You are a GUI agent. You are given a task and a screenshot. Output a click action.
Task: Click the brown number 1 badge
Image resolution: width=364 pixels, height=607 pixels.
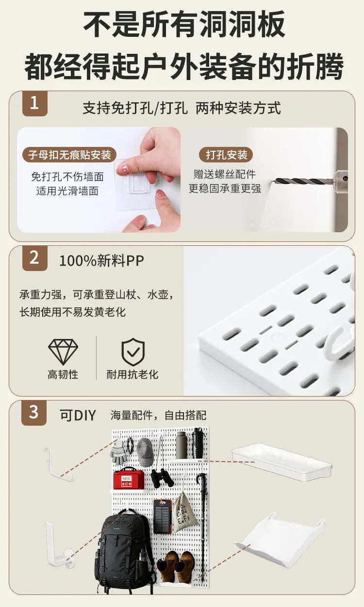pos(35,104)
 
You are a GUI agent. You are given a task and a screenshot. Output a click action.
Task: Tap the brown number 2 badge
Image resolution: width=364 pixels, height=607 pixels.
pos(35,258)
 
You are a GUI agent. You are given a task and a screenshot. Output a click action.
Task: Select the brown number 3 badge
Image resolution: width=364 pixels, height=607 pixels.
pos(34,413)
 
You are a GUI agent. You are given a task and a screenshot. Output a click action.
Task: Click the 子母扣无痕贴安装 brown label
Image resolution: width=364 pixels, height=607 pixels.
pos(69,155)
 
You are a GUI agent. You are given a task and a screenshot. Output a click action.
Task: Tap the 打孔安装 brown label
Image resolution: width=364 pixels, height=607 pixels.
pos(226,155)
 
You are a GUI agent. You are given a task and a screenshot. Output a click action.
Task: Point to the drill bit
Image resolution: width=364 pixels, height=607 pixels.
pos(304,181)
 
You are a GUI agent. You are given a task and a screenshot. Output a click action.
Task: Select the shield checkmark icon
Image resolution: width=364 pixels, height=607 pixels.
pos(133,352)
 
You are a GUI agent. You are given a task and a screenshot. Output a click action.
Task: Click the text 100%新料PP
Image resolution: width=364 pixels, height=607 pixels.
pos(101,260)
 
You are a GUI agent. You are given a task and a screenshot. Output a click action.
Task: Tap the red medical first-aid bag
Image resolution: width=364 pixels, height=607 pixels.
pos(129,479)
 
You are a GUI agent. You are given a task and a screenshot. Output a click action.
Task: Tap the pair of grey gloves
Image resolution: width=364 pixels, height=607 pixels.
pos(118,452)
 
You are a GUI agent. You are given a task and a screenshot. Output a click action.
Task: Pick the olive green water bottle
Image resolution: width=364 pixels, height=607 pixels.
pos(181,446)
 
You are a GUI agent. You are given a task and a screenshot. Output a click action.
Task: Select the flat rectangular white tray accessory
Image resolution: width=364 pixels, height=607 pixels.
pos(282,462)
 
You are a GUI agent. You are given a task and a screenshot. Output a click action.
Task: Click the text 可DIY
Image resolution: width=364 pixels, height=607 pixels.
pos(78,415)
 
